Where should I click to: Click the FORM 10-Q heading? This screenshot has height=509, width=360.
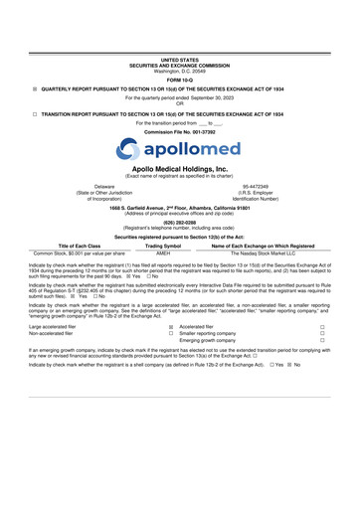180,82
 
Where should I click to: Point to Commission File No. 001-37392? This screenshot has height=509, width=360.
180,159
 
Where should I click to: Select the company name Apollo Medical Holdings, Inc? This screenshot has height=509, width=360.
180,200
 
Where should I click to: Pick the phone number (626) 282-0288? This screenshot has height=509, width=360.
180,252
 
